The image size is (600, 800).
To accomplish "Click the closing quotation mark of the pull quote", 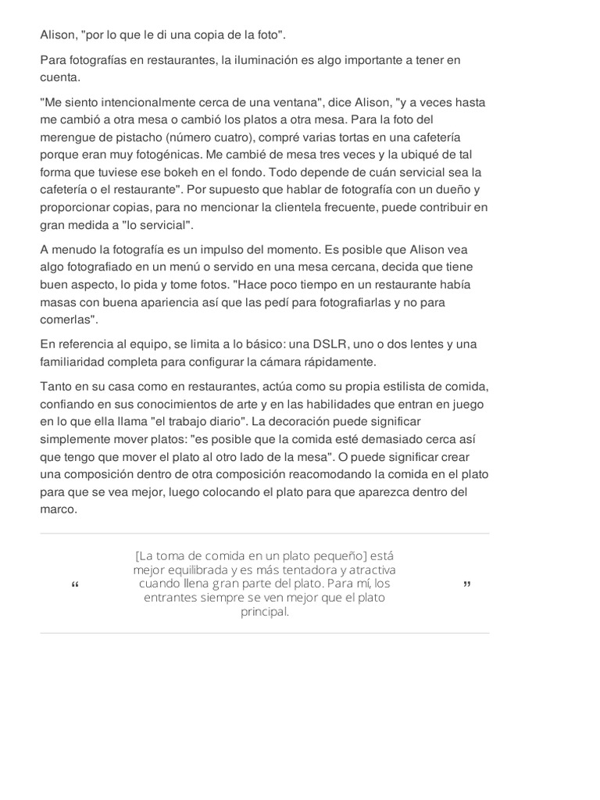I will pyautogui.click(x=466, y=584).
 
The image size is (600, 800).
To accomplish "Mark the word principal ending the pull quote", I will pyautogui.click(x=265, y=612).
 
